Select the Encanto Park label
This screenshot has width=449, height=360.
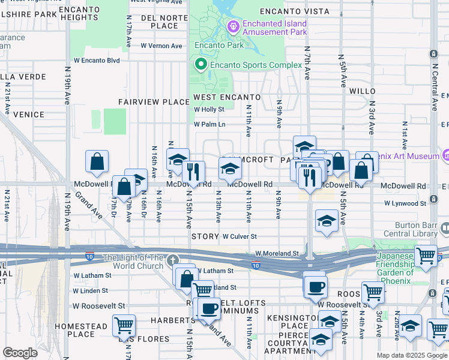pos(219,45)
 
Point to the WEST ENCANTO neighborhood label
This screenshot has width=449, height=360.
pos(227,97)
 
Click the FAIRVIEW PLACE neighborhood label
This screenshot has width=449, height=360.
pos(154,102)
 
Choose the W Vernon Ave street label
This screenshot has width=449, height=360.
pos(161,46)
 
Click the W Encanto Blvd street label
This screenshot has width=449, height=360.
pos(97,60)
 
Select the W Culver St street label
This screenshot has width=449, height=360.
pos(240,237)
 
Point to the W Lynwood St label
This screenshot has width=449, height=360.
pos(405,204)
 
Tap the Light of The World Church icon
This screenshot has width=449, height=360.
pos(173,260)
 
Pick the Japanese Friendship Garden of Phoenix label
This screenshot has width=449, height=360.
pos(394,268)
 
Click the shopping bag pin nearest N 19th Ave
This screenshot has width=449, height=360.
pos(97,162)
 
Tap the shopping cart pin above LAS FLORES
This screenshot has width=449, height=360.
pos(124,326)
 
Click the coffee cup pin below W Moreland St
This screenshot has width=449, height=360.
pos(315,286)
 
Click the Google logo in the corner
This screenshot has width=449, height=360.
pos(20,353)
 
